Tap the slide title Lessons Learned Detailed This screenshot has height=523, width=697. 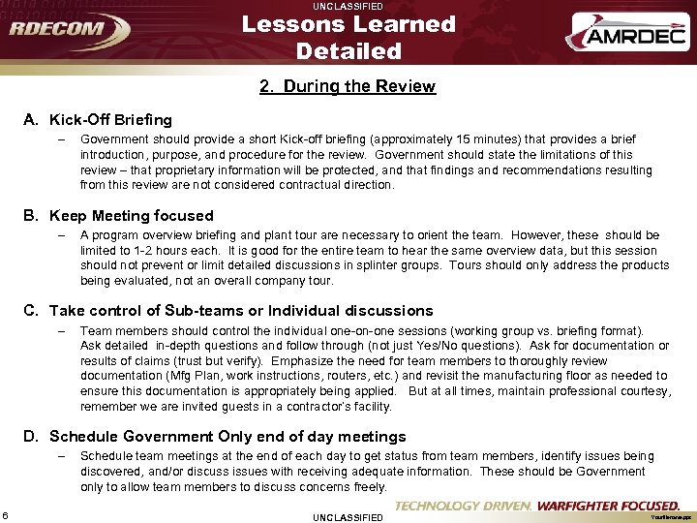coord(348,37)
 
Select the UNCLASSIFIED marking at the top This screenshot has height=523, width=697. coord(348,6)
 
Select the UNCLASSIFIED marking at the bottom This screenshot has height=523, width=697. coord(348,517)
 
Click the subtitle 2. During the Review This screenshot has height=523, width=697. coord(348,86)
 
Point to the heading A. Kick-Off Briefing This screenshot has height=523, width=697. coord(98,120)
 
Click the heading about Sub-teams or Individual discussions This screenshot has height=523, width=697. coord(228,310)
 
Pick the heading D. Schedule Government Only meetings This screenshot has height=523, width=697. coord(215,436)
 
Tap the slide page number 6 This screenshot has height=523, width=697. coord(6,513)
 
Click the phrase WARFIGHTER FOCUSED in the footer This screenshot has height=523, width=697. coord(608,506)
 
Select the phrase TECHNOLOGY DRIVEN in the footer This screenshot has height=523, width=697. coord(463,506)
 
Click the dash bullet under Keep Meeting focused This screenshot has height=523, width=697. coord(60,235)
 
